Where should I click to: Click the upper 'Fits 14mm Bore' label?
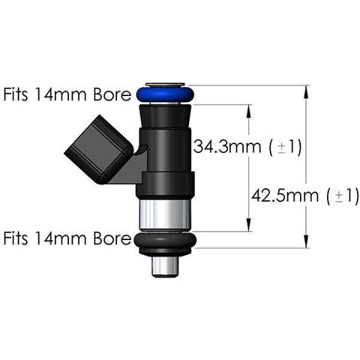point(67,95)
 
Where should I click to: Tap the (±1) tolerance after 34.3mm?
point(285,147)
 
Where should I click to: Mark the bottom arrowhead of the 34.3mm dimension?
point(249,227)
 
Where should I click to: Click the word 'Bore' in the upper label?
point(112,95)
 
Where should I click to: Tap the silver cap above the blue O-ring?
point(165,84)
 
